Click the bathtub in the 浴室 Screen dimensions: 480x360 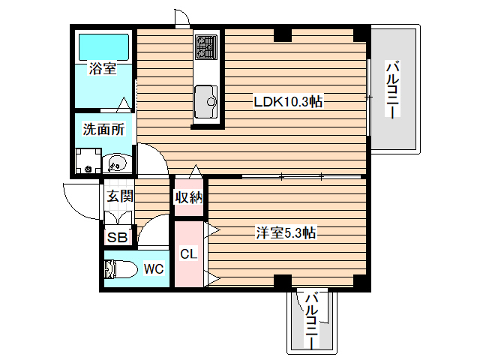(x=103, y=47)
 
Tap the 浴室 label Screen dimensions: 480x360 (x=103, y=68)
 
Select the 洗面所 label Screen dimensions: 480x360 (x=103, y=130)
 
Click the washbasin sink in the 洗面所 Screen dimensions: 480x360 (x=118, y=163)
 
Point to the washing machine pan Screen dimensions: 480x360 (x=88, y=161)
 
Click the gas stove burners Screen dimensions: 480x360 (x=206, y=46)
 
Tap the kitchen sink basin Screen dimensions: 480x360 (x=206, y=101)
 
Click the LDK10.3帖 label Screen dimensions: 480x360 (x=288, y=101)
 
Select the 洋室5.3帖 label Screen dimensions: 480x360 (x=286, y=233)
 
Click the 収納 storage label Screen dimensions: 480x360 (x=189, y=197)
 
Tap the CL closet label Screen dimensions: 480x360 (x=188, y=253)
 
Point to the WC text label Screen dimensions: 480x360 (x=154, y=268)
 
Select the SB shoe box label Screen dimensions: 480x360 (x=118, y=237)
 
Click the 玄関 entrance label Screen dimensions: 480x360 (x=120, y=196)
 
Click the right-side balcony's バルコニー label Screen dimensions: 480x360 (x=392, y=89)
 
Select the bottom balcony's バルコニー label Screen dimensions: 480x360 (x=312, y=321)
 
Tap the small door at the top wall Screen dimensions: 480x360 (x=181, y=18)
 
